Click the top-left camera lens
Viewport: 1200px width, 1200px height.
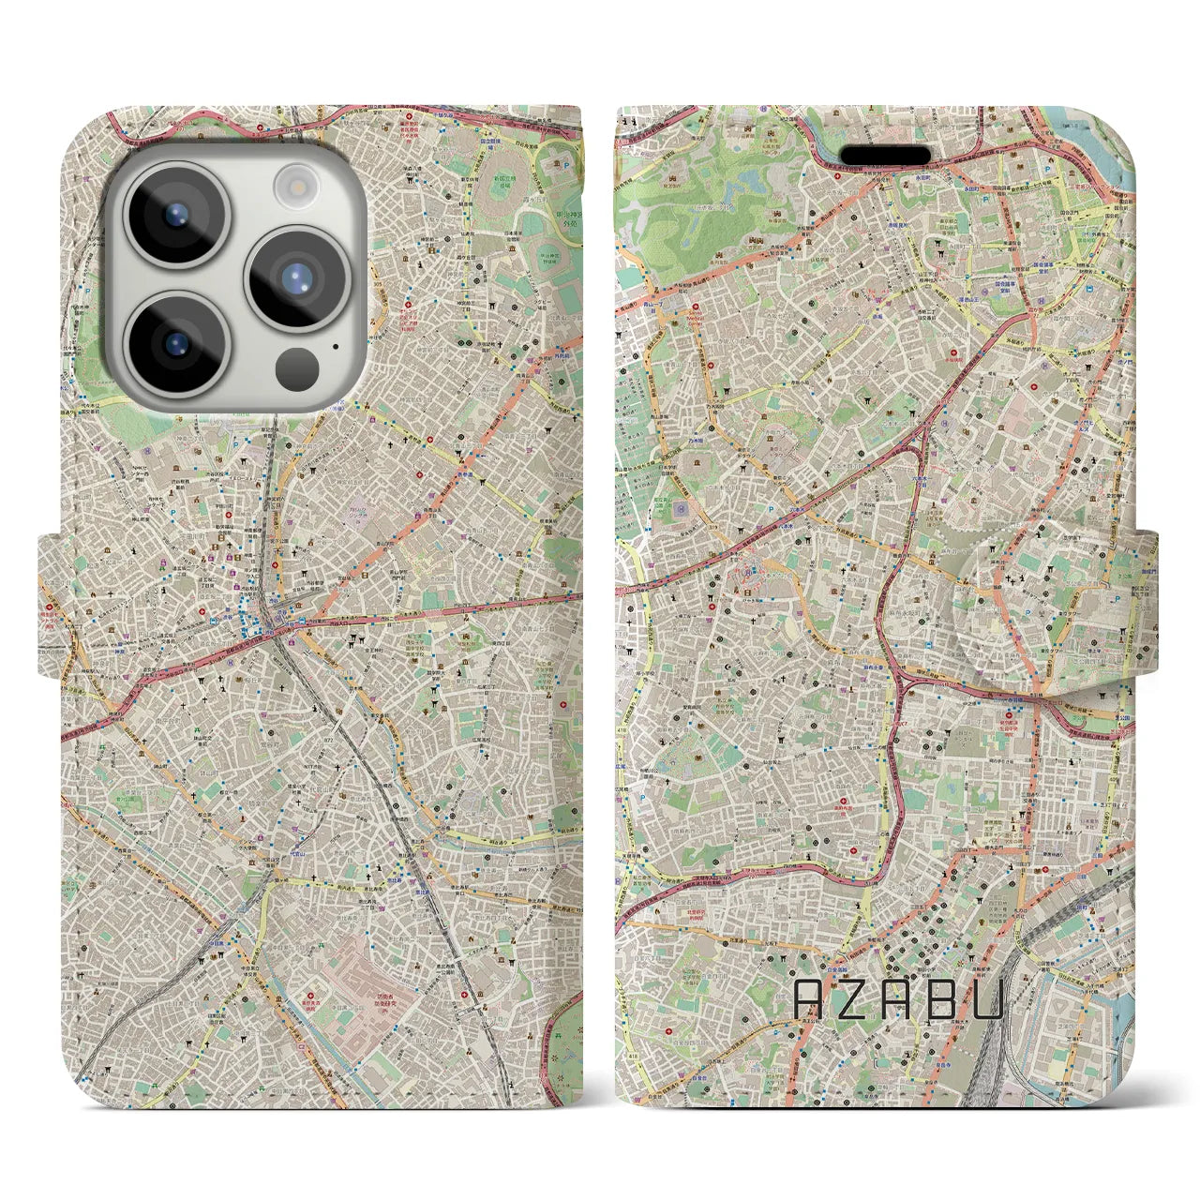click(173, 214)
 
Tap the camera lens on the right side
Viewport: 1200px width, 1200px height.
click(296, 278)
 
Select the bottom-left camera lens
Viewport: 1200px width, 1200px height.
click(173, 344)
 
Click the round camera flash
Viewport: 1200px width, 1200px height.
click(297, 183)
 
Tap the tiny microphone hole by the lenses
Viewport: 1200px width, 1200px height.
click(335, 347)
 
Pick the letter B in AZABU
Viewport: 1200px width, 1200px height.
click(942, 999)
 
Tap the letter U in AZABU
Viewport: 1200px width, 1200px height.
click(987, 999)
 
